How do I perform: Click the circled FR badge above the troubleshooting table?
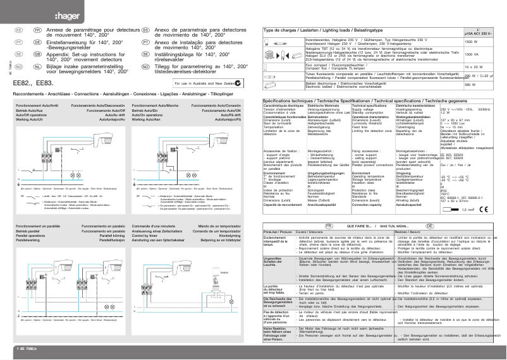click(328, 208)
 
